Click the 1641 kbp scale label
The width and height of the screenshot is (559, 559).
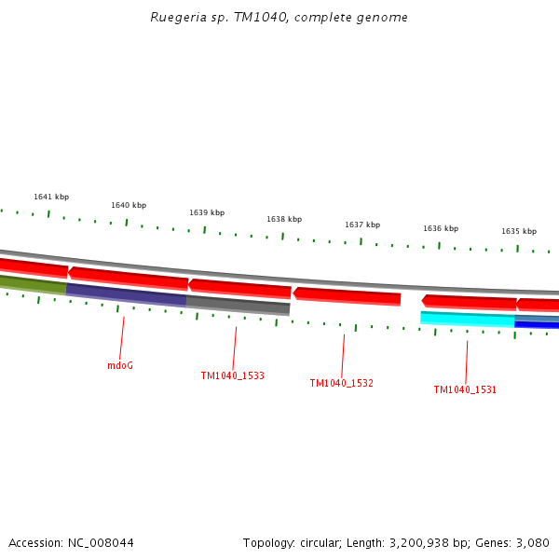(51, 198)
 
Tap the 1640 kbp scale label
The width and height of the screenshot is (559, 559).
(129, 206)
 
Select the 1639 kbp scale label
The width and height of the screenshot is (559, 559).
(207, 213)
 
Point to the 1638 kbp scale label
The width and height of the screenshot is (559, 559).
(284, 220)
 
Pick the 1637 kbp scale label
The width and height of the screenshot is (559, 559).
(362, 225)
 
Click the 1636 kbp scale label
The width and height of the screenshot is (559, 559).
(441, 229)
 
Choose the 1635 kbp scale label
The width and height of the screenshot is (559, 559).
(519, 232)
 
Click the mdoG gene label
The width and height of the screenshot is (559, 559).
(120, 366)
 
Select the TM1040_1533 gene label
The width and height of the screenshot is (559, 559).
(232, 376)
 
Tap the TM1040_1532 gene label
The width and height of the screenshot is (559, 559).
(341, 384)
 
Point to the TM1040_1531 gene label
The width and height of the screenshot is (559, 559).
(465, 390)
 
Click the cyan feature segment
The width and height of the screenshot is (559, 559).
(467, 319)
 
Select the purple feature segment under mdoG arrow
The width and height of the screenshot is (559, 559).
(126, 294)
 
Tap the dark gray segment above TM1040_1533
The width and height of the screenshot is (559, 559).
(238, 305)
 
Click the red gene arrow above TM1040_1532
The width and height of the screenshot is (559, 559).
(347, 296)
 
